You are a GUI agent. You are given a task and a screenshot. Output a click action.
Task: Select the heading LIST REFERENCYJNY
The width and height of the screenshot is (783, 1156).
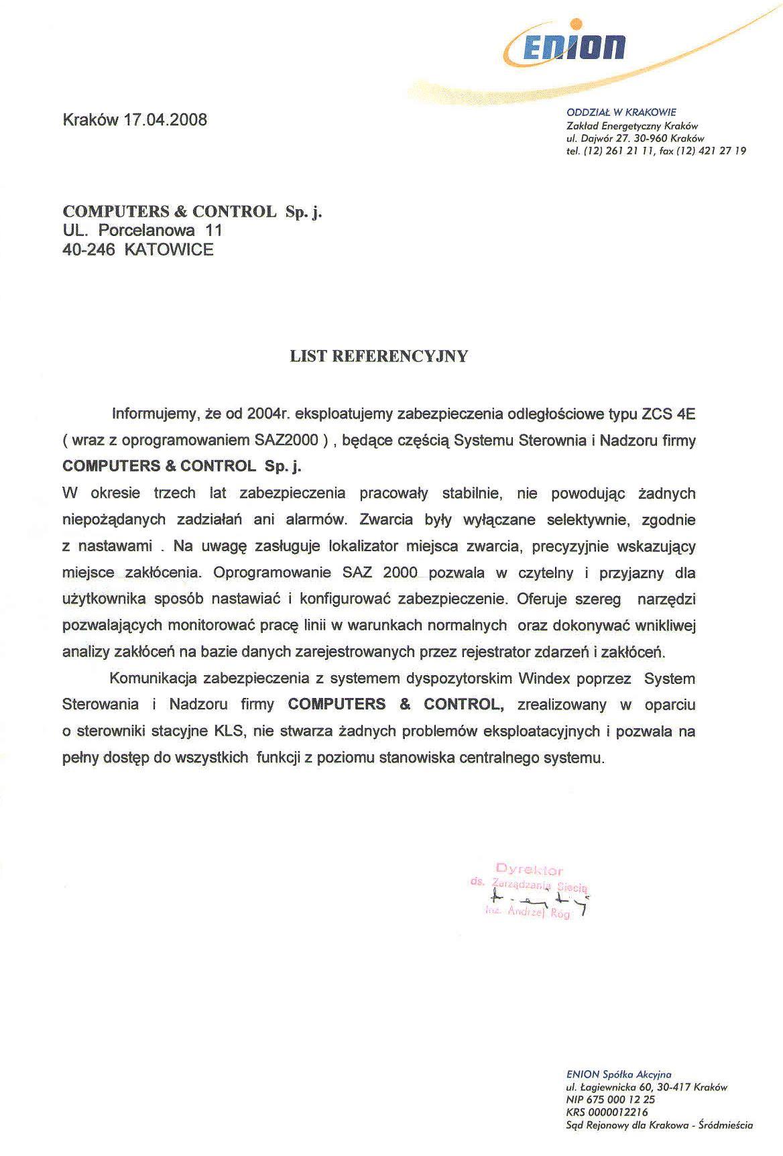379,356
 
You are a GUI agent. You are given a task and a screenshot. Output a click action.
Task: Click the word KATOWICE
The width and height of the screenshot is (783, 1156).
169,250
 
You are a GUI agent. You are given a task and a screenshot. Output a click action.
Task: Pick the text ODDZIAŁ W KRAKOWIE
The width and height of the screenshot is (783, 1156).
621,112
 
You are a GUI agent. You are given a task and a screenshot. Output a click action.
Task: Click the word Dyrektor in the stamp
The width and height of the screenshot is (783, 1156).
530,872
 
